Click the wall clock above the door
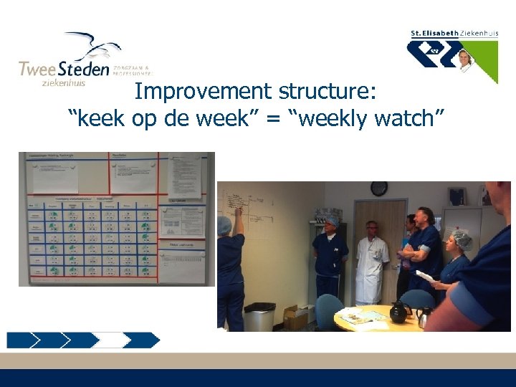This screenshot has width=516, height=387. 378,188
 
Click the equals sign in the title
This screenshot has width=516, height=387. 273,120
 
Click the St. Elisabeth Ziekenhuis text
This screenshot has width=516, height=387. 453,34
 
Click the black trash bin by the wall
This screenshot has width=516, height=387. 259,317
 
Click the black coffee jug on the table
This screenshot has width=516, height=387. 398,312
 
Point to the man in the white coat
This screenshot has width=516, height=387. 372,262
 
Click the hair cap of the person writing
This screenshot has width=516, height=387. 224,225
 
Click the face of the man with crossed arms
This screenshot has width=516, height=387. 424,218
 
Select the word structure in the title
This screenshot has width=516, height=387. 328,92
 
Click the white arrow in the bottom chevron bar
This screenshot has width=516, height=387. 112,340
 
